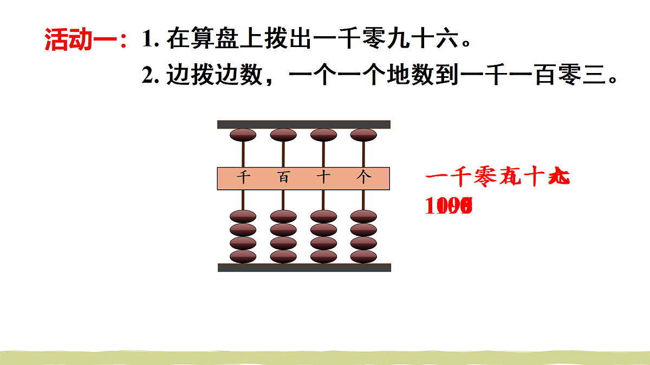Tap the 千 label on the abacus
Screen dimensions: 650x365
[x=244, y=178]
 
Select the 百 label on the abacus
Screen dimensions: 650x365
[x=283, y=178]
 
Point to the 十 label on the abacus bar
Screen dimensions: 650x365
[x=323, y=178]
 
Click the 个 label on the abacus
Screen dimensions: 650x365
[x=363, y=178]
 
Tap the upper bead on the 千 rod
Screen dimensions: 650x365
[x=243, y=135]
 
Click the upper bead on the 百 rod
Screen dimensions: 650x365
[x=283, y=135]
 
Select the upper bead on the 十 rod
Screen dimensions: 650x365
[x=323, y=135]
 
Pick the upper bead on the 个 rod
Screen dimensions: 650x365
[x=363, y=135]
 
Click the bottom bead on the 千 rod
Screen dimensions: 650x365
[x=243, y=256]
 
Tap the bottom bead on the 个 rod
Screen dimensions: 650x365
[x=363, y=256]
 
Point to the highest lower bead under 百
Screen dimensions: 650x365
[x=283, y=217]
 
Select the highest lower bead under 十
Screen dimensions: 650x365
[x=323, y=217]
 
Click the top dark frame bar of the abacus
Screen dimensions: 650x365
[x=304, y=124]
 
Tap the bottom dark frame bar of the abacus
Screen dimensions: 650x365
[x=304, y=267]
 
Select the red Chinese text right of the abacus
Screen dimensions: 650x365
[x=497, y=178]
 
